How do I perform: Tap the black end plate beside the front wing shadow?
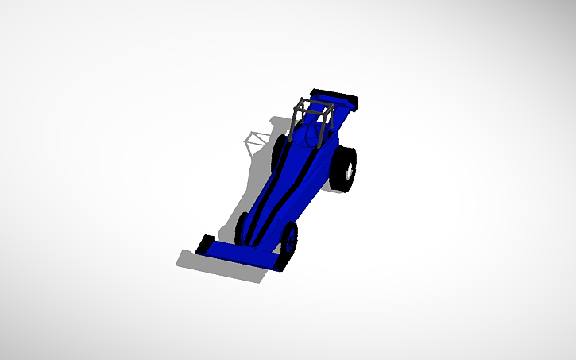(204, 245)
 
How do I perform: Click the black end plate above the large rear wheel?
(350, 102)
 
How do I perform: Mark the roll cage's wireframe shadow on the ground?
(256, 142)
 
